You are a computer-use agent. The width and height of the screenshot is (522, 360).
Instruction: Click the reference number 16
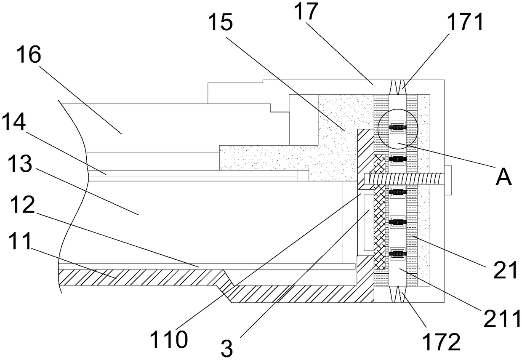[x=29, y=54]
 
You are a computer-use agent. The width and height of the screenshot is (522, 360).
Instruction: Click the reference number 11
[x=20, y=241]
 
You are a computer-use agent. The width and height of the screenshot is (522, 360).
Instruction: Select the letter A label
[x=504, y=177]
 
